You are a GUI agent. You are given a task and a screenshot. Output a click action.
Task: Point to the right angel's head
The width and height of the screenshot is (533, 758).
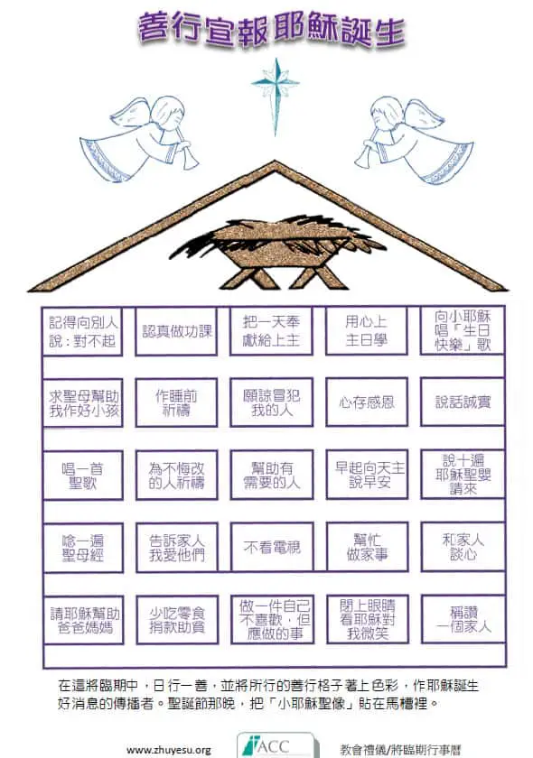point(387,113)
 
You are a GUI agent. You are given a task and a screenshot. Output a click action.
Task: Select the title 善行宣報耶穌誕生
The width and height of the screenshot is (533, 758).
point(272,31)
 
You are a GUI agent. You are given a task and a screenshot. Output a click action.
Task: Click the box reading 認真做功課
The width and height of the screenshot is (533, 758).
point(176,331)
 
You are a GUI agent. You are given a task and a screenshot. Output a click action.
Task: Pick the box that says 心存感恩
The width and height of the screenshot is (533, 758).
point(367,402)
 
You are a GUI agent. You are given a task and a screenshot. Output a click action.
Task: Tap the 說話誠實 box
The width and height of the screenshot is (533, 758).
point(463,402)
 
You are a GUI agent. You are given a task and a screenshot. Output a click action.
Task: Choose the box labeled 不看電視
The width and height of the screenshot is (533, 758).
point(272,547)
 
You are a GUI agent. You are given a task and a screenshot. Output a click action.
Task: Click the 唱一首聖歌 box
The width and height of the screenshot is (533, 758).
point(83,476)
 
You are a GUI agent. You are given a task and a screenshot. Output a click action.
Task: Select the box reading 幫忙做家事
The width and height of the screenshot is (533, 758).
point(368,547)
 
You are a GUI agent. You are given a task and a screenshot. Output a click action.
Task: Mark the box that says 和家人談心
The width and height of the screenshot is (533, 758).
point(463,547)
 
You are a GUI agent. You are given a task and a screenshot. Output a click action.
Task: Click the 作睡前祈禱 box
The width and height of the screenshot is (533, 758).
point(176,402)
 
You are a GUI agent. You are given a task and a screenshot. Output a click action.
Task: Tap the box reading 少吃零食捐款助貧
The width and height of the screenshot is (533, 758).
point(177,620)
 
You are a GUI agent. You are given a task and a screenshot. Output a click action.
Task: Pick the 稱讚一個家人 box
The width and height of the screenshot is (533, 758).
point(463,619)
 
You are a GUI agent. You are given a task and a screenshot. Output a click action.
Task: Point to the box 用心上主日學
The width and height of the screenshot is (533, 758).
point(367,330)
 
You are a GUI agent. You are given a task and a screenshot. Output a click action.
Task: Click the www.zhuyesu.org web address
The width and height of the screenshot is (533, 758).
point(168,750)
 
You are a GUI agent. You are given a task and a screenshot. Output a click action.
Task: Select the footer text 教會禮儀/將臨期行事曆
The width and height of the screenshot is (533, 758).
point(400,750)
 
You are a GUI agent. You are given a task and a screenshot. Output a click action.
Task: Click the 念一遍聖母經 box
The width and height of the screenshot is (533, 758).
point(83,548)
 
